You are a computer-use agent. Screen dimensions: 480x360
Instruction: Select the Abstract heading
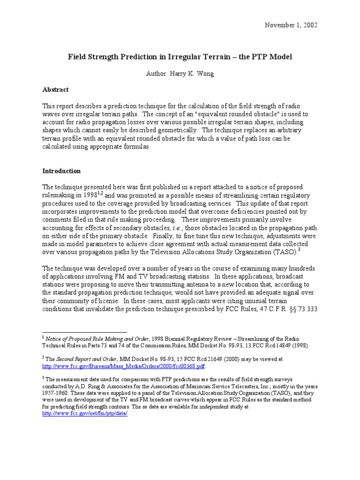click(55, 90)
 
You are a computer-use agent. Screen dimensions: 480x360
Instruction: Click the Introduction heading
click(61, 171)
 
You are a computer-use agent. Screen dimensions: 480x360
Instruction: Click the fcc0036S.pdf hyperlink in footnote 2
click(124, 366)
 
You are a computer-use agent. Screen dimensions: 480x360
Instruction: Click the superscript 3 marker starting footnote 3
click(44, 377)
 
